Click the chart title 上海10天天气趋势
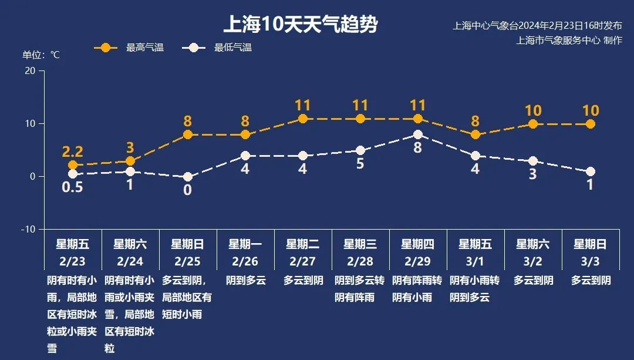pos(300,25)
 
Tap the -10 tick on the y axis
pos(28,229)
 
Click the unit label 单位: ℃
pos(41,55)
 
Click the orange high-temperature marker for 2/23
pos(73,165)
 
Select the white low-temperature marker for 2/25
pos(188,177)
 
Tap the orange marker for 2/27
pos(303,119)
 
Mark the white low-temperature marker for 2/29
pos(418,134)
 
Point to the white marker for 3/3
pos(591,171)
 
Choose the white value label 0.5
pos(73,187)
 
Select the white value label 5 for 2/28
pos(360,164)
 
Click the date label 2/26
pos(245,261)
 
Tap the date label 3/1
pos(475,261)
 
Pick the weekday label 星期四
pos(417,244)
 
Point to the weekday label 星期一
pos(245,244)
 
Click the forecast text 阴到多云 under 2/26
pos(246,281)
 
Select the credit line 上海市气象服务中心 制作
pos(569,41)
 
